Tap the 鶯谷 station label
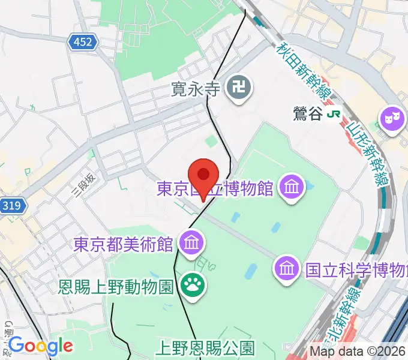pyautogui.click(x=308, y=113)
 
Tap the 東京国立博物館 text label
pyautogui.click(x=215, y=189)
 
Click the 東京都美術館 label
pyautogui.click(x=124, y=244)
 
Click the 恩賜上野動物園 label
pyautogui.click(x=117, y=284)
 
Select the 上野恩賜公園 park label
pyautogui.click(x=206, y=347)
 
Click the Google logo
pyautogui.click(x=40, y=346)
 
